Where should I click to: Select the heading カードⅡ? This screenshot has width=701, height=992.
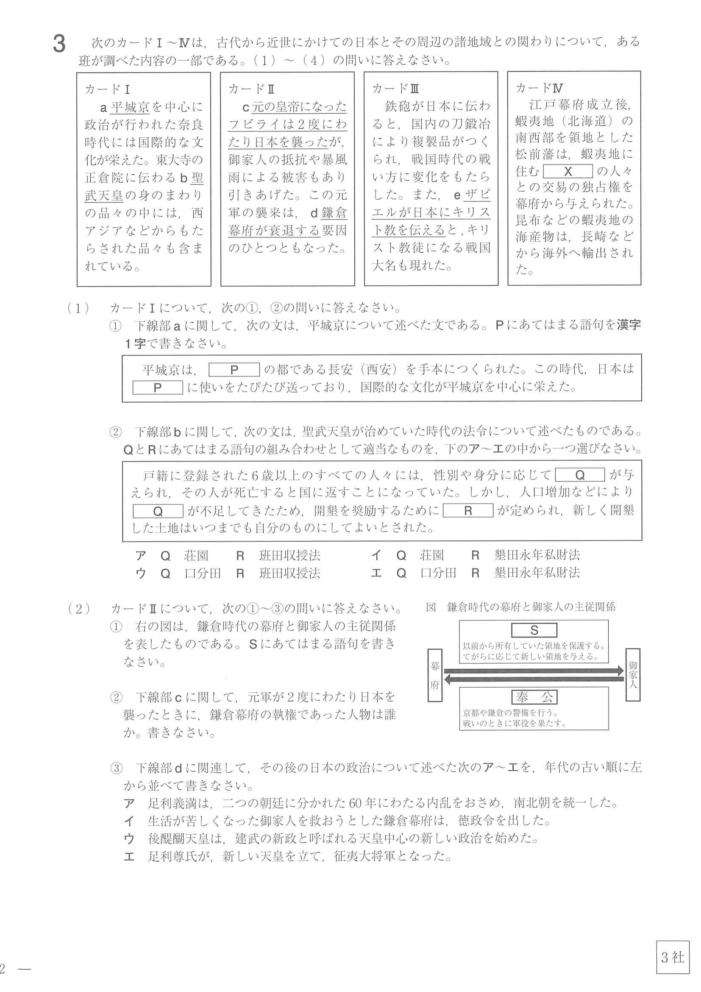point(251,89)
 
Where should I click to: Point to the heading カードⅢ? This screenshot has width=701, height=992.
point(395,89)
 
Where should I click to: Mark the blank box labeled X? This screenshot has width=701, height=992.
point(567,172)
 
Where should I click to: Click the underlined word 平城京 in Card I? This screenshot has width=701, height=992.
point(130,107)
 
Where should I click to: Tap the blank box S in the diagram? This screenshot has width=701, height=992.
point(534,631)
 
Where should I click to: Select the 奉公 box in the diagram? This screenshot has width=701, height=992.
point(534,697)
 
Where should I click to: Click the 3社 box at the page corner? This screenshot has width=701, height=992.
point(672,957)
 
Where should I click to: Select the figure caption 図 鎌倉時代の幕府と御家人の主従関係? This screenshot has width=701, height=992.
point(520,607)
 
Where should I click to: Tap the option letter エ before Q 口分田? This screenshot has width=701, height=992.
point(376,573)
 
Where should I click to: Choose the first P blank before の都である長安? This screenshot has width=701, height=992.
point(234,370)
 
